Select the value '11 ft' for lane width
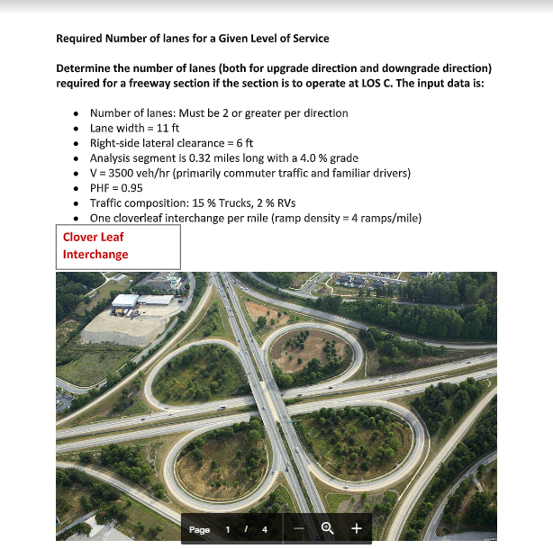point(169,128)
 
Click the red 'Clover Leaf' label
point(93,238)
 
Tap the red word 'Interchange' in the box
point(95,255)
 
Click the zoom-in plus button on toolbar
point(356,529)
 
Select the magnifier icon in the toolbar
point(329,529)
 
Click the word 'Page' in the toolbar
point(199,529)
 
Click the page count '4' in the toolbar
point(265,529)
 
